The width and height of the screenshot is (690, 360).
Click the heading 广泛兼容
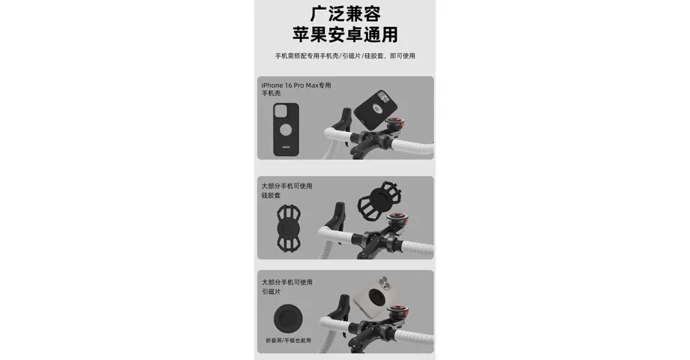click(344, 13)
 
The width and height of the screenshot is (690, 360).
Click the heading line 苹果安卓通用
click(344, 34)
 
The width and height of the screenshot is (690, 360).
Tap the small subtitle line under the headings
click(344, 56)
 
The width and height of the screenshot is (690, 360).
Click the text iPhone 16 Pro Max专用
click(296, 85)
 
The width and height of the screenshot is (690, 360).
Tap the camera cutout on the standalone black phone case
click(280, 113)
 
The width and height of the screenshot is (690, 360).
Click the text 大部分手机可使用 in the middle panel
click(286, 185)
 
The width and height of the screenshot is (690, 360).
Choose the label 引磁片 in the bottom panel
click(270, 292)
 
